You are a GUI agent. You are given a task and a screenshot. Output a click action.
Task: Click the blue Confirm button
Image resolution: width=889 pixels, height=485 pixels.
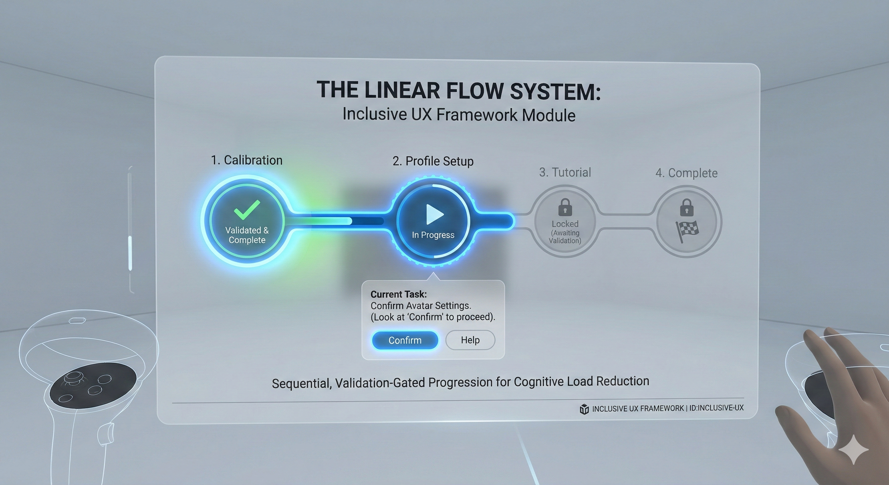tap(405, 340)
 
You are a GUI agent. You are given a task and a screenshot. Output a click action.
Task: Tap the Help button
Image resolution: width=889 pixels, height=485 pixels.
tap(470, 340)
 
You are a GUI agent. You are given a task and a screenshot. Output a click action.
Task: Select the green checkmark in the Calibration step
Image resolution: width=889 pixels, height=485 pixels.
tap(247, 209)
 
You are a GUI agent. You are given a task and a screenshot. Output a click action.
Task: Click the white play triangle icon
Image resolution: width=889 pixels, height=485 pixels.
tap(434, 214)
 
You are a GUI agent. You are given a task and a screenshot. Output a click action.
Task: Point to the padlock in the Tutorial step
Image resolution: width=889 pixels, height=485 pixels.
tap(565, 207)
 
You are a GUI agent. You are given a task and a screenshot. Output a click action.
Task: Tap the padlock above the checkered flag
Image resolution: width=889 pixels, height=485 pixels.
tap(686, 207)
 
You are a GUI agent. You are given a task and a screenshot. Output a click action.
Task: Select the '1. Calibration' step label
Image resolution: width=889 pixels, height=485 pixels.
tap(247, 160)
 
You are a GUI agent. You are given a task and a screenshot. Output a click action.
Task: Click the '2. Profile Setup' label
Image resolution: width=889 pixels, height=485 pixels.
tap(433, 161)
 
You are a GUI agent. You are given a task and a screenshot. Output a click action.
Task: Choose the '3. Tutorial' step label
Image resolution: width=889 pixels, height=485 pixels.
tap(565, 172)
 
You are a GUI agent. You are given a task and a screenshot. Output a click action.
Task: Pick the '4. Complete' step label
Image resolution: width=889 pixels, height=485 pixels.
tap(686, 173)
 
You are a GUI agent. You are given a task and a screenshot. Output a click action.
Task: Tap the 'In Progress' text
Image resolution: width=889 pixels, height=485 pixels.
tap(433, 235)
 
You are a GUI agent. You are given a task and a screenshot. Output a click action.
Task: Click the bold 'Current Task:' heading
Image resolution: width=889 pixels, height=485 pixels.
tap(399, 295)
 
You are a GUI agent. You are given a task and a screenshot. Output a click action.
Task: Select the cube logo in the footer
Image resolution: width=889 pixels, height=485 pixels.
tap(584, 409)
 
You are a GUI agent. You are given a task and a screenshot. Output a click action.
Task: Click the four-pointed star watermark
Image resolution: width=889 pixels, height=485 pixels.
tap(853, 449)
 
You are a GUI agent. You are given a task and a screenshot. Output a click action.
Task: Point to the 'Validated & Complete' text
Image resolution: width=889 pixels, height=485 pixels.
tap(247, 235)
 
